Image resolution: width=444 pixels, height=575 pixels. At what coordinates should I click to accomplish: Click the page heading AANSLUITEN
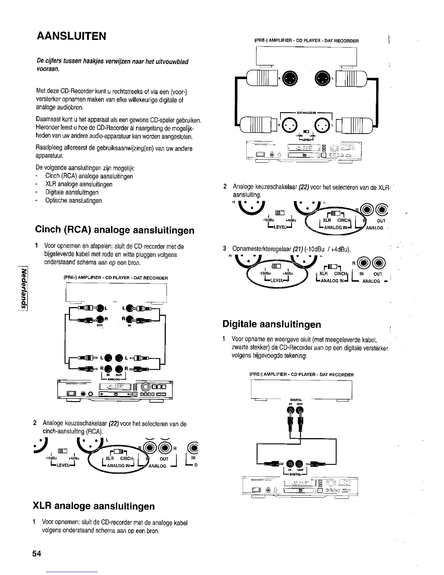pos(71,36)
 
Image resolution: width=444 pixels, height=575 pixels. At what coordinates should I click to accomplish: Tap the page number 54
pos(37,554)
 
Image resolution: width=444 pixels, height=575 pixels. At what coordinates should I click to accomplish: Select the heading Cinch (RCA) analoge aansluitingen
pos(114,230)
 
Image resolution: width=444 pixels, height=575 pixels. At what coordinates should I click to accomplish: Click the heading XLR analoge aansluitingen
pos(94,506)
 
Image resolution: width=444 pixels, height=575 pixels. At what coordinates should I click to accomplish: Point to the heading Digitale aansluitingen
pos(272,324)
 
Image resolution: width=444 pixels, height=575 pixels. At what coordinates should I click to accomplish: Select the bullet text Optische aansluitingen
pos(73,200)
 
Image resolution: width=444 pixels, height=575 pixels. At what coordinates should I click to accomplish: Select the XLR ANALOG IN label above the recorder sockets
pos(307,113)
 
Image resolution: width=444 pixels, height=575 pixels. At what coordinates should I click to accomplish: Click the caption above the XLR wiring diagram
pos(307,41)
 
